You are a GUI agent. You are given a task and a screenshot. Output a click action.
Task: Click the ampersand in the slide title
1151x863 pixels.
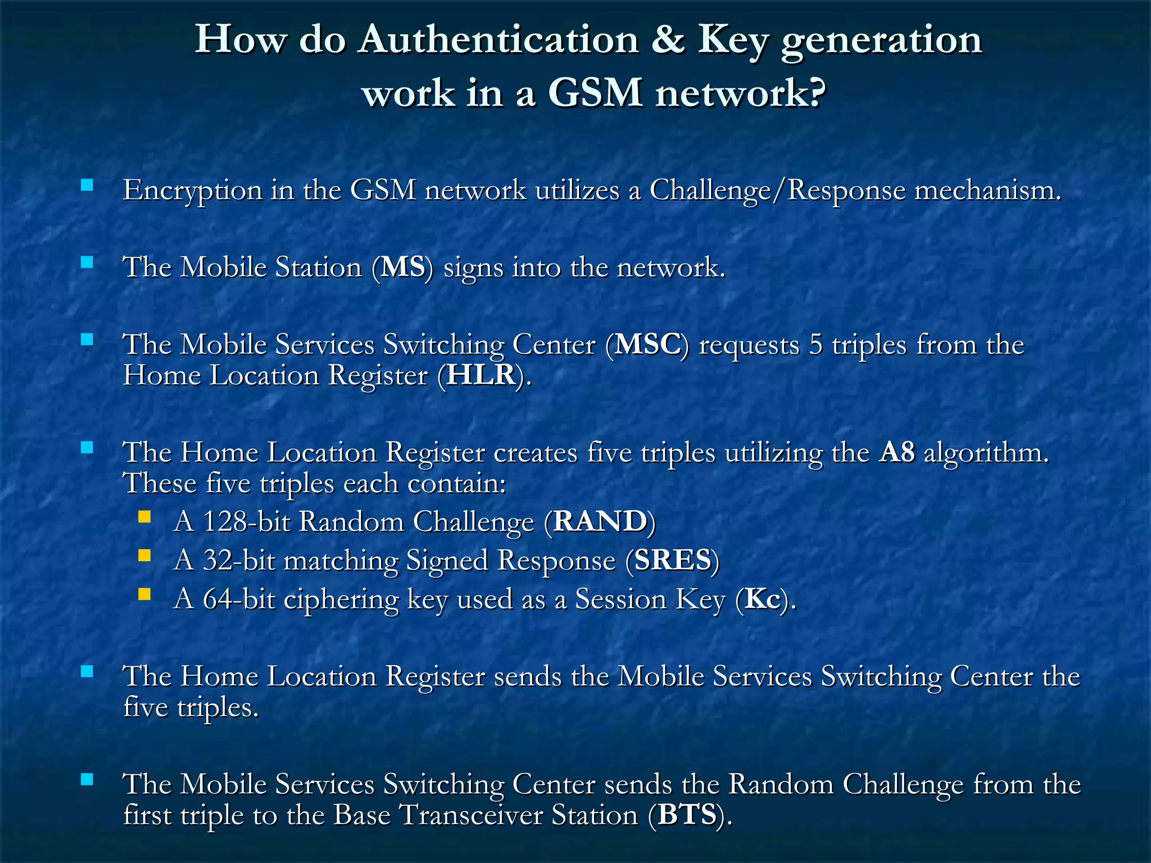[668, 40]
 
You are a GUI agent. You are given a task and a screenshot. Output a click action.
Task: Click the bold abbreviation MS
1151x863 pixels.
[402, 267]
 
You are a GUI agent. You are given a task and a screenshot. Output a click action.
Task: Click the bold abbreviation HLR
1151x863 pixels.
[481, 375]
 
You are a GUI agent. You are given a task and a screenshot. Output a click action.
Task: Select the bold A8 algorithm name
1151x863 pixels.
[897, 453]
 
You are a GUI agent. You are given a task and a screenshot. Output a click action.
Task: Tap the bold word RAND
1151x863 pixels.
[600, 522]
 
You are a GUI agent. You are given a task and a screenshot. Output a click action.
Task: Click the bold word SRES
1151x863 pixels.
[673, 561]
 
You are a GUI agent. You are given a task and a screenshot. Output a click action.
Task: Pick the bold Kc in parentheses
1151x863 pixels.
[763, 599]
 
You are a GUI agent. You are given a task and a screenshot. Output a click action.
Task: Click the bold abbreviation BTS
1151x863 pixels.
[687, 815]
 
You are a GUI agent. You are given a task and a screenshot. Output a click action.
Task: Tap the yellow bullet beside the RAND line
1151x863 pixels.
[144, 517]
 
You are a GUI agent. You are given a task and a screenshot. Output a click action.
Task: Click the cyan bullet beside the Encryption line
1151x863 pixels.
[87, 185]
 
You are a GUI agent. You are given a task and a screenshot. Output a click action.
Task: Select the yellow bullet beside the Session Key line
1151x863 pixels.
[144, 594]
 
